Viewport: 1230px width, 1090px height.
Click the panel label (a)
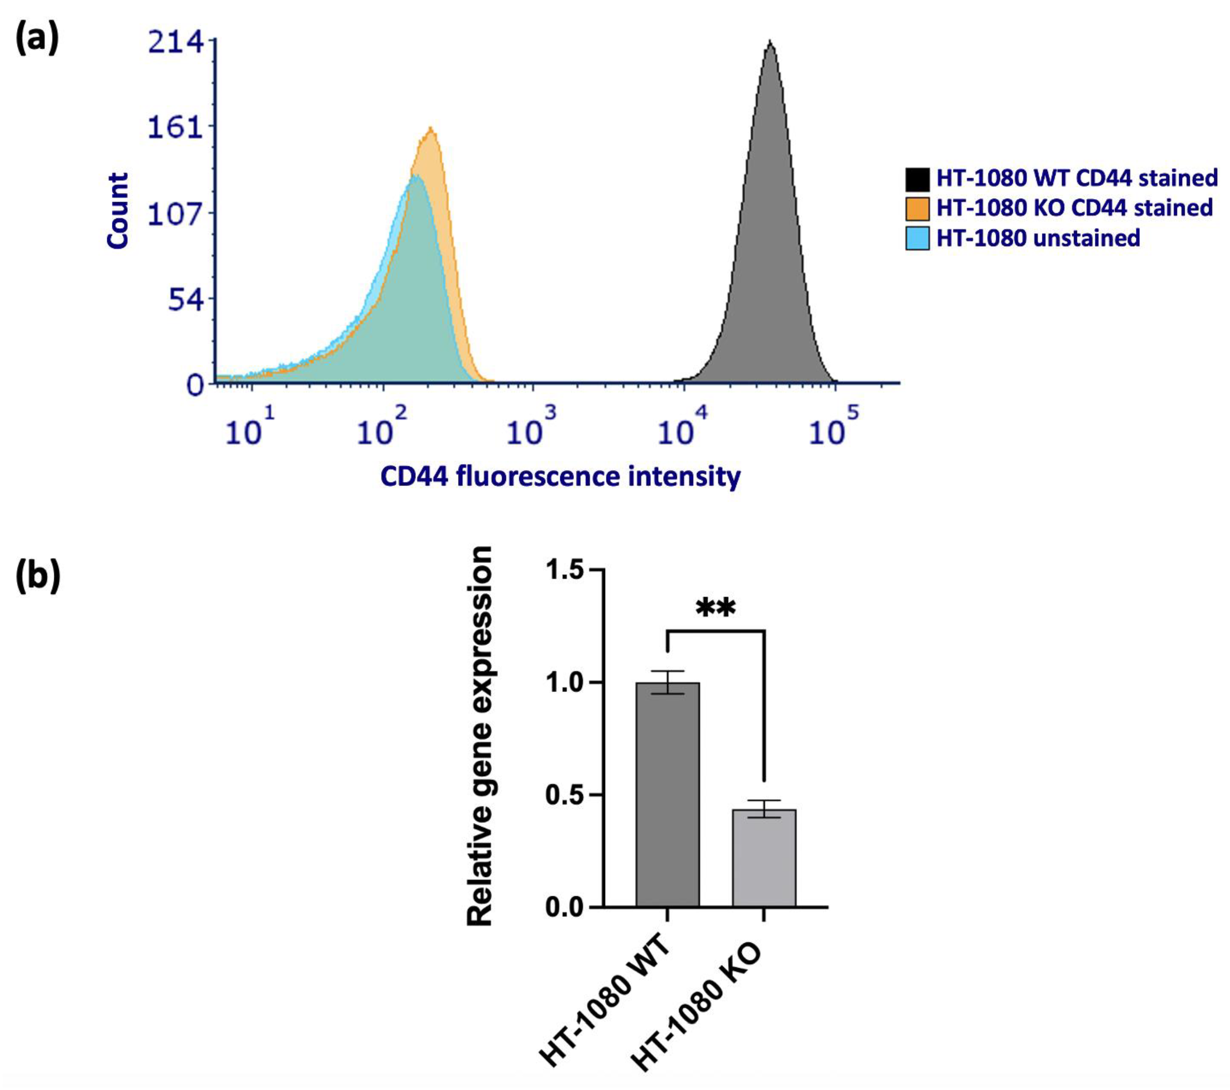pyautogui.click(x=37, y=40)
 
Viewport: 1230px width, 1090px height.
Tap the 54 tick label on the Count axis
pyautogui.click(x=185, y=300)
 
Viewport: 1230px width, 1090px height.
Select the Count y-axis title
pyautogui.click(x=118, y=211)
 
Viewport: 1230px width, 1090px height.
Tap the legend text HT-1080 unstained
pyautogui.click(x=1038, y=239)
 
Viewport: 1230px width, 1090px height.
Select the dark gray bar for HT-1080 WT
pyautogui.click(x=667, y=795)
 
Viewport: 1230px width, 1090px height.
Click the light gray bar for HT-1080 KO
pyautogui.click(x=763, y=858)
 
